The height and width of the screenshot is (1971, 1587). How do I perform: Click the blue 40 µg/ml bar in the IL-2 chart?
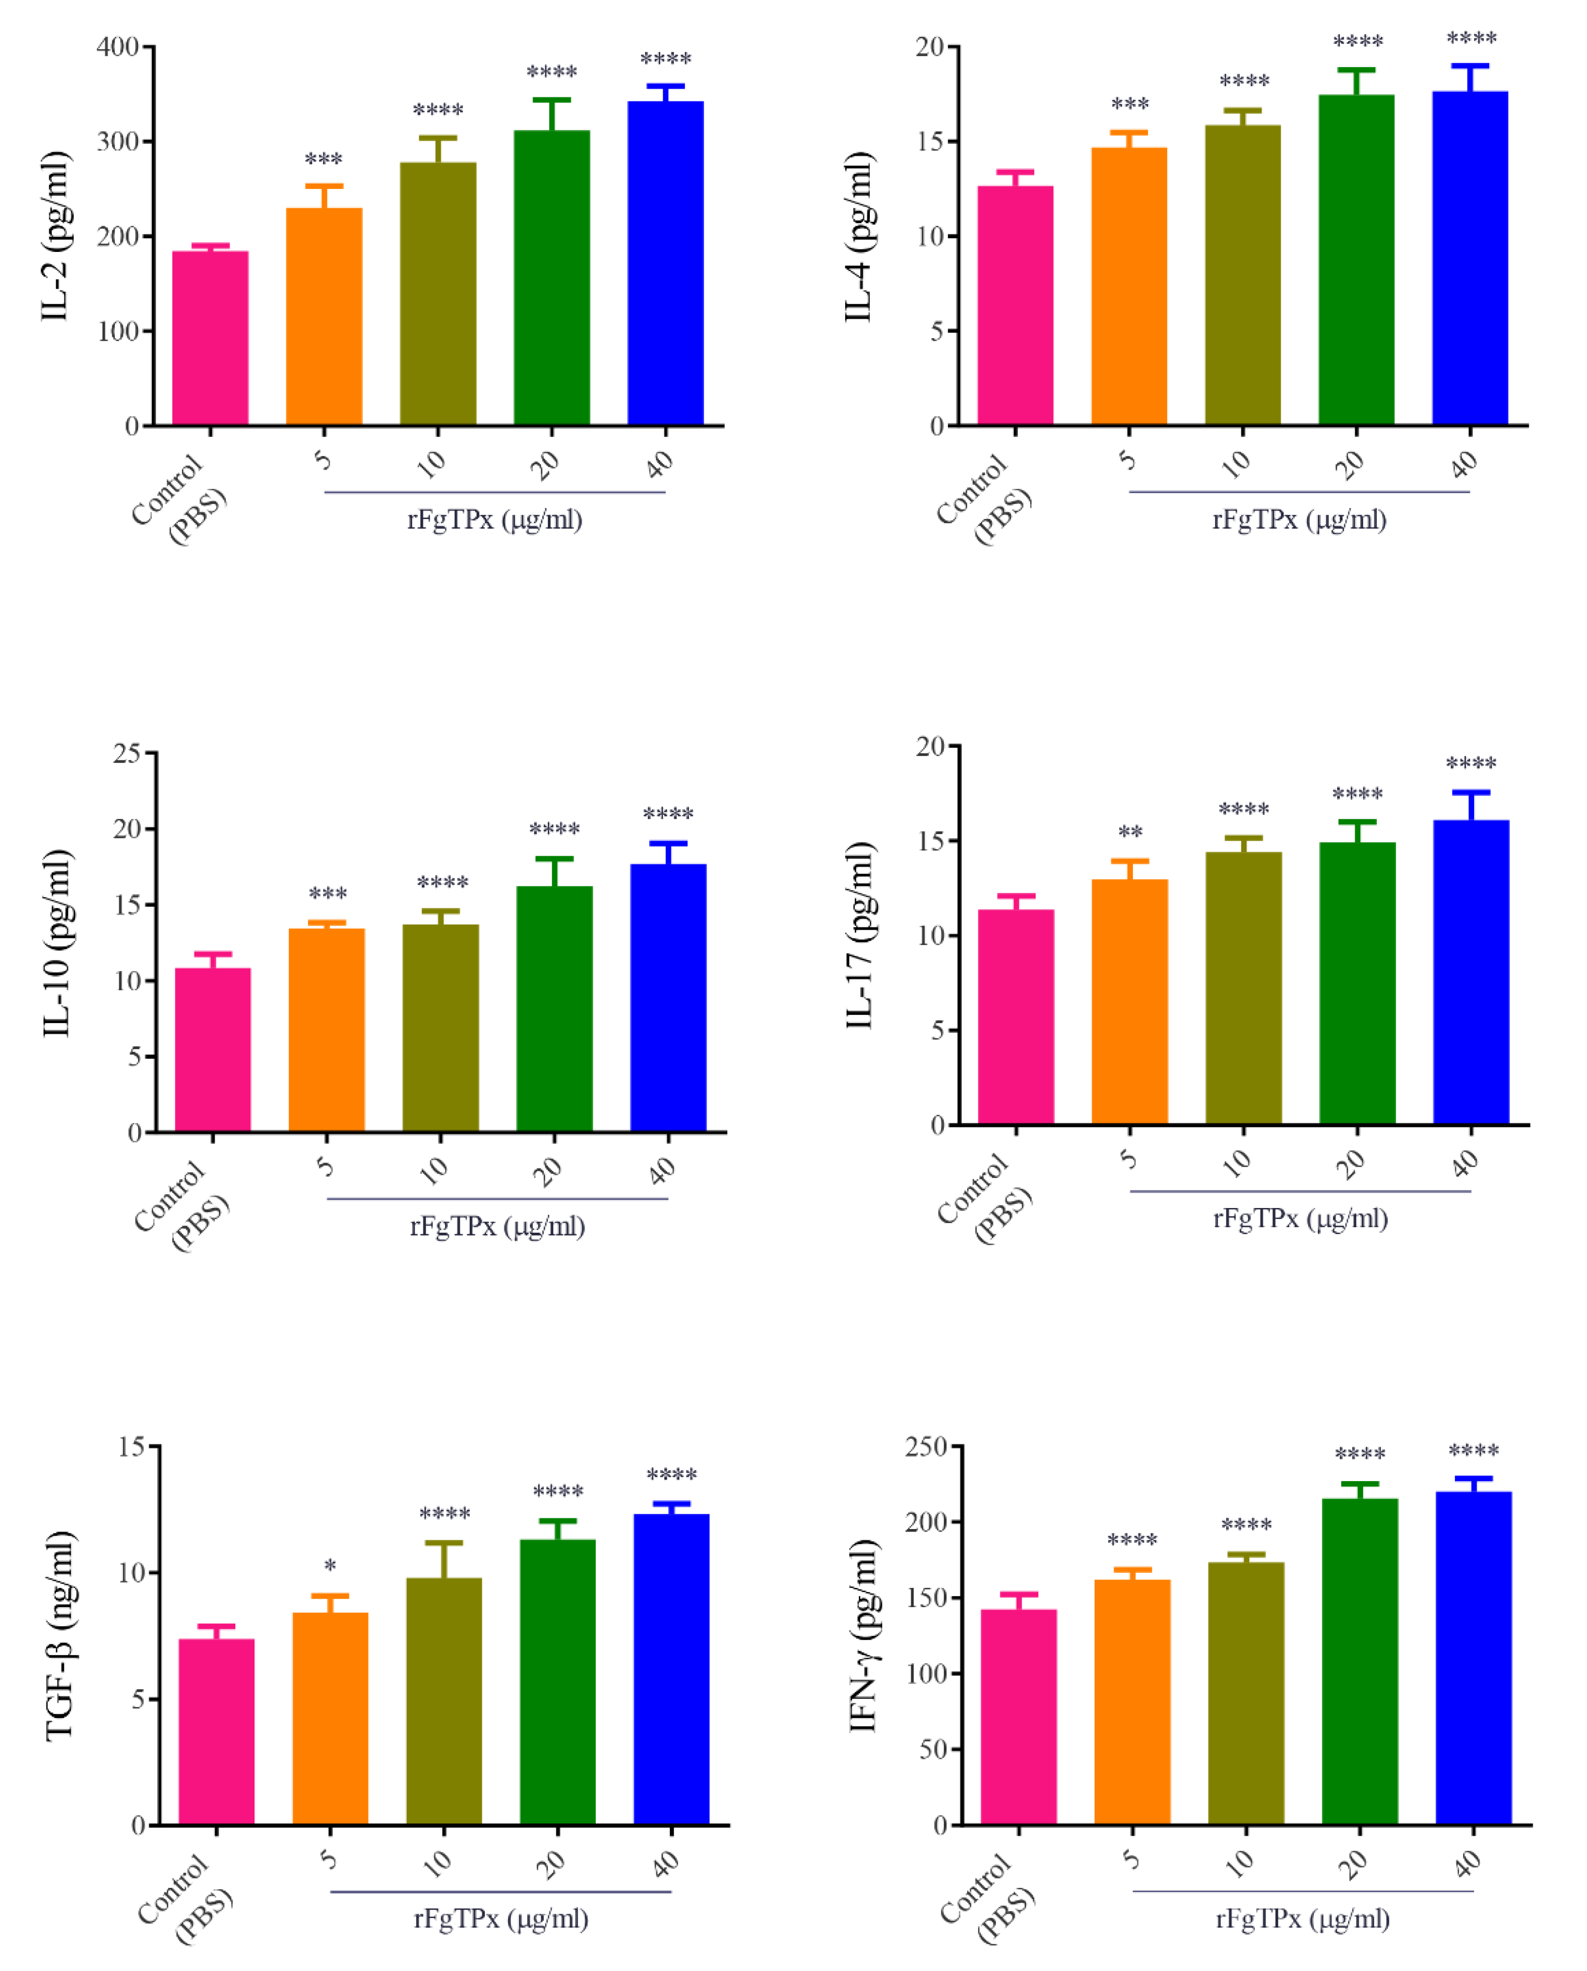[666, 265]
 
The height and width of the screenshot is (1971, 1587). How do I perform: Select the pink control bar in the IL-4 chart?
[1014, 306]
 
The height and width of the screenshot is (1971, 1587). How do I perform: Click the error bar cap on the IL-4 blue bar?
[1470, 66]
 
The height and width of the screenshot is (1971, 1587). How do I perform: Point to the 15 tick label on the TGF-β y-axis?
[132, 1446]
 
